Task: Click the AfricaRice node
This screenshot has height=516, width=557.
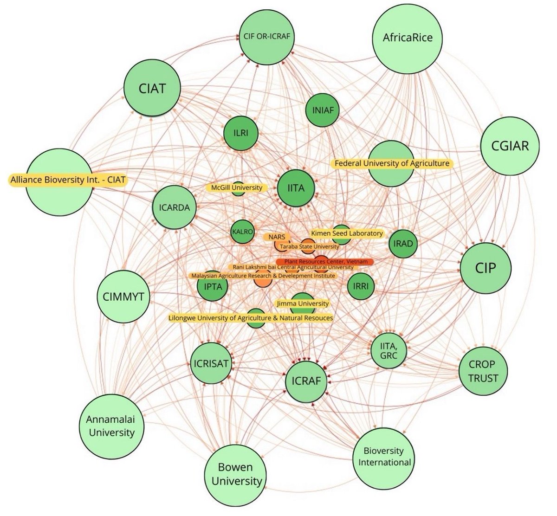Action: (x=408, y=38)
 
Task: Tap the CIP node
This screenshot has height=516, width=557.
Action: (x=486, y=268)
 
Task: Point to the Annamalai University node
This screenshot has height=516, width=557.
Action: (x=110, y=426)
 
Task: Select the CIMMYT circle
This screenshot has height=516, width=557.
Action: (x=123, y=296)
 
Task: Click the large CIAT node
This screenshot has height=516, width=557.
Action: (x=152, y=88)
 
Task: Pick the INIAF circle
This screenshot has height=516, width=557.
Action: (x=323, y=110)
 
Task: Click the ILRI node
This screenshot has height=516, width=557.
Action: (x=242, y=132)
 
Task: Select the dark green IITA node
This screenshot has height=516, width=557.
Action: (x=296, y=188)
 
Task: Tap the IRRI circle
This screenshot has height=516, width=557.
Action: (x=361, y=286)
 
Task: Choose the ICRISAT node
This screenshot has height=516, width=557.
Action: (x=210, y=363)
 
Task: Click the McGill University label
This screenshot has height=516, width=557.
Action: (x=237, y=188)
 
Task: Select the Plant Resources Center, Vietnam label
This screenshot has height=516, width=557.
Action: (x=325, y=262)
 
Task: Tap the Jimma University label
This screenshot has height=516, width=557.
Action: (x=302, y=303)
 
